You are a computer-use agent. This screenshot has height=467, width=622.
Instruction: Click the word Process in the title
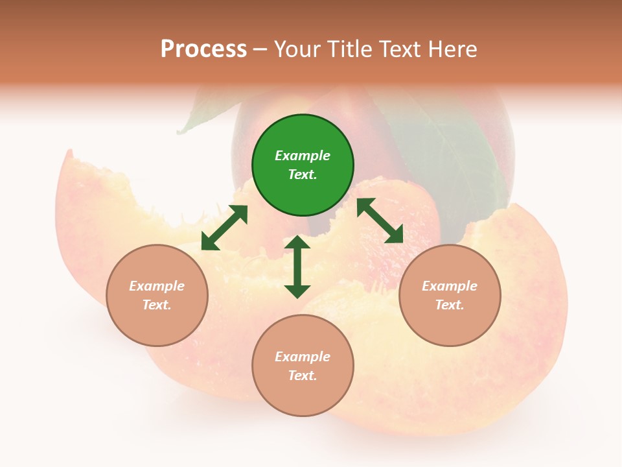pos(203,49)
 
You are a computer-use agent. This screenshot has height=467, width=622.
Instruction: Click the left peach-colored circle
pos(157,295)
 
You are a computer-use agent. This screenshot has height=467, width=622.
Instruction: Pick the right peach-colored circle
pos(450,295)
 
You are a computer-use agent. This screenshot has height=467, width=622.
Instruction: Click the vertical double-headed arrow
pos(297,267)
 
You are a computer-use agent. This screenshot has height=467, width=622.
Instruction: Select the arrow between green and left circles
pos(224,228)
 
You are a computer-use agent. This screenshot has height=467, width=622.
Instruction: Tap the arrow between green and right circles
pos(380,221)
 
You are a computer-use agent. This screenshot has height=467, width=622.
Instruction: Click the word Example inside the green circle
pos(303,156)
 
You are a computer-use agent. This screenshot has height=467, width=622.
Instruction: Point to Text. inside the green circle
pos(303,174)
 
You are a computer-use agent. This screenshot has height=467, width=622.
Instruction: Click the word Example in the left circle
pos(157,286)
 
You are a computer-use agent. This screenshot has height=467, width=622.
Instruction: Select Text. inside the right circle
pos(450,305)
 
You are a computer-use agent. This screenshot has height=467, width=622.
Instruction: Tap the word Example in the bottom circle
pos(303,357)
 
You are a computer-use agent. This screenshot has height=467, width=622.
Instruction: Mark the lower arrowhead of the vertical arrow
pos(297,290)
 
